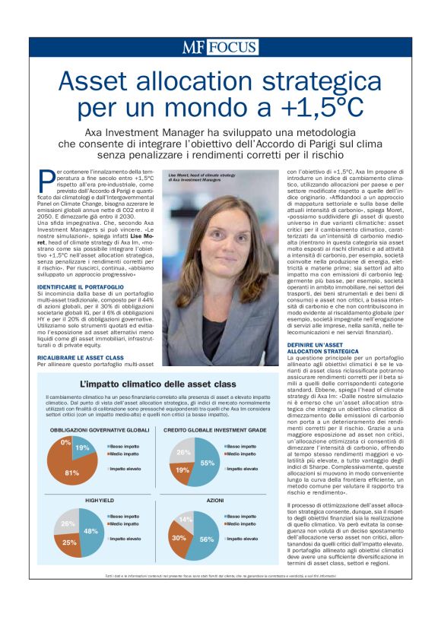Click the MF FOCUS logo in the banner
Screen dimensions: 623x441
[220, 47]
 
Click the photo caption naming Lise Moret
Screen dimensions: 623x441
[194, 177]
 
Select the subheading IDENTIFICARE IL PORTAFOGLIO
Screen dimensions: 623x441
[80, 286]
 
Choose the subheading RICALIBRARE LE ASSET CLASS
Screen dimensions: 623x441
[82, 356]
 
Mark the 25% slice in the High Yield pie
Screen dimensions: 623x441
[69, 542]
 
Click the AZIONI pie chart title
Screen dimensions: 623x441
[215, 501]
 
